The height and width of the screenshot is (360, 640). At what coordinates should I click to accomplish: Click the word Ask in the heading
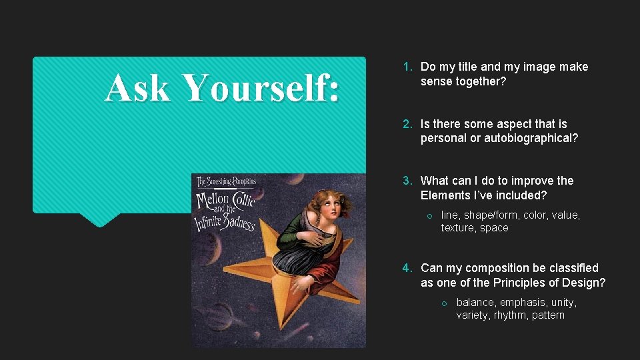point(137,87)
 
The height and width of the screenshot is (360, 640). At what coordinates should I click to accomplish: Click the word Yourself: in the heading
point(260,87)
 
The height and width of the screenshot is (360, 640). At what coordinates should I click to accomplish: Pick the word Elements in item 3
point(445,195)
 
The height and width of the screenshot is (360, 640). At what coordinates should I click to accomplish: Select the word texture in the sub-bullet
point(458,228)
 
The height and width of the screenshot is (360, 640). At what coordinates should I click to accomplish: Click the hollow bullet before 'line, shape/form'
point(430,215)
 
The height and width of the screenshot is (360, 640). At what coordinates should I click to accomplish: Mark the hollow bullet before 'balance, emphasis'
point(445,303)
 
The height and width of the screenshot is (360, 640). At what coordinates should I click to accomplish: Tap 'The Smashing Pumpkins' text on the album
point(225,181)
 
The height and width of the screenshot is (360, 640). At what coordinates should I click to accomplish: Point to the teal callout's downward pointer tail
point(99,219)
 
